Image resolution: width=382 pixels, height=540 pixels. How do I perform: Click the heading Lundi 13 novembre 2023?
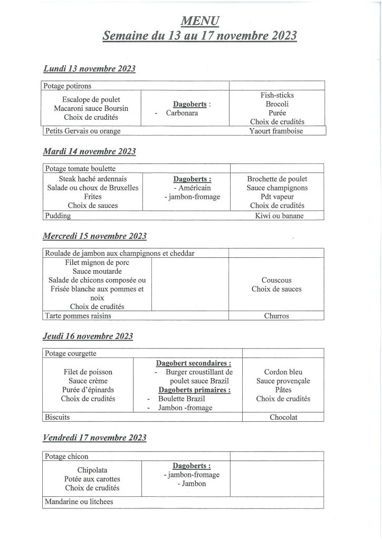(89, 69)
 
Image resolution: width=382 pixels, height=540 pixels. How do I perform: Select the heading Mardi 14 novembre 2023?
(89, 152)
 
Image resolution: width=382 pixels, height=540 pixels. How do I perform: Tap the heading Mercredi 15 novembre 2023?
(94, 236)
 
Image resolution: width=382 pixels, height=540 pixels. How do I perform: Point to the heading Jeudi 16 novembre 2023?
(88, 336)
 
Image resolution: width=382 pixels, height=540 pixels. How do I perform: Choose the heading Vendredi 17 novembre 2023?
(94, 438)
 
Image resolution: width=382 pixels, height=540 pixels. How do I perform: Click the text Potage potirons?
(69, 86)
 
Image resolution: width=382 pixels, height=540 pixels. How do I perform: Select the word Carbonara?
(182, 113)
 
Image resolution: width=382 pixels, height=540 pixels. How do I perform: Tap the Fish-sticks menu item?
(277, 95)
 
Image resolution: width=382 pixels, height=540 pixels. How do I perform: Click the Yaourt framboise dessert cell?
(276, 131)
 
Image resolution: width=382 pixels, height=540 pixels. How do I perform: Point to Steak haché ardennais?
(92, 179)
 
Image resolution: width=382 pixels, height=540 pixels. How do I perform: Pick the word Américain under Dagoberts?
(194, 188)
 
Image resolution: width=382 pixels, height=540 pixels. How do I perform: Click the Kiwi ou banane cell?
(279, 216)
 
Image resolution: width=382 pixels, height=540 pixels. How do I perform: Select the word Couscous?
(276, 281)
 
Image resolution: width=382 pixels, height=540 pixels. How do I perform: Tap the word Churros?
(276, 316)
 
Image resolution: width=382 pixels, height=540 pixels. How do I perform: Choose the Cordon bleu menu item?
(283, 372)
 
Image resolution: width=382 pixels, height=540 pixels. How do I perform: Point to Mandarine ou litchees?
(79, 502)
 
